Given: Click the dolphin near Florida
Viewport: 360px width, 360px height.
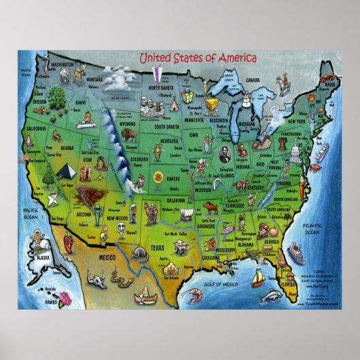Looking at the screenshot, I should coord(271,295).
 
